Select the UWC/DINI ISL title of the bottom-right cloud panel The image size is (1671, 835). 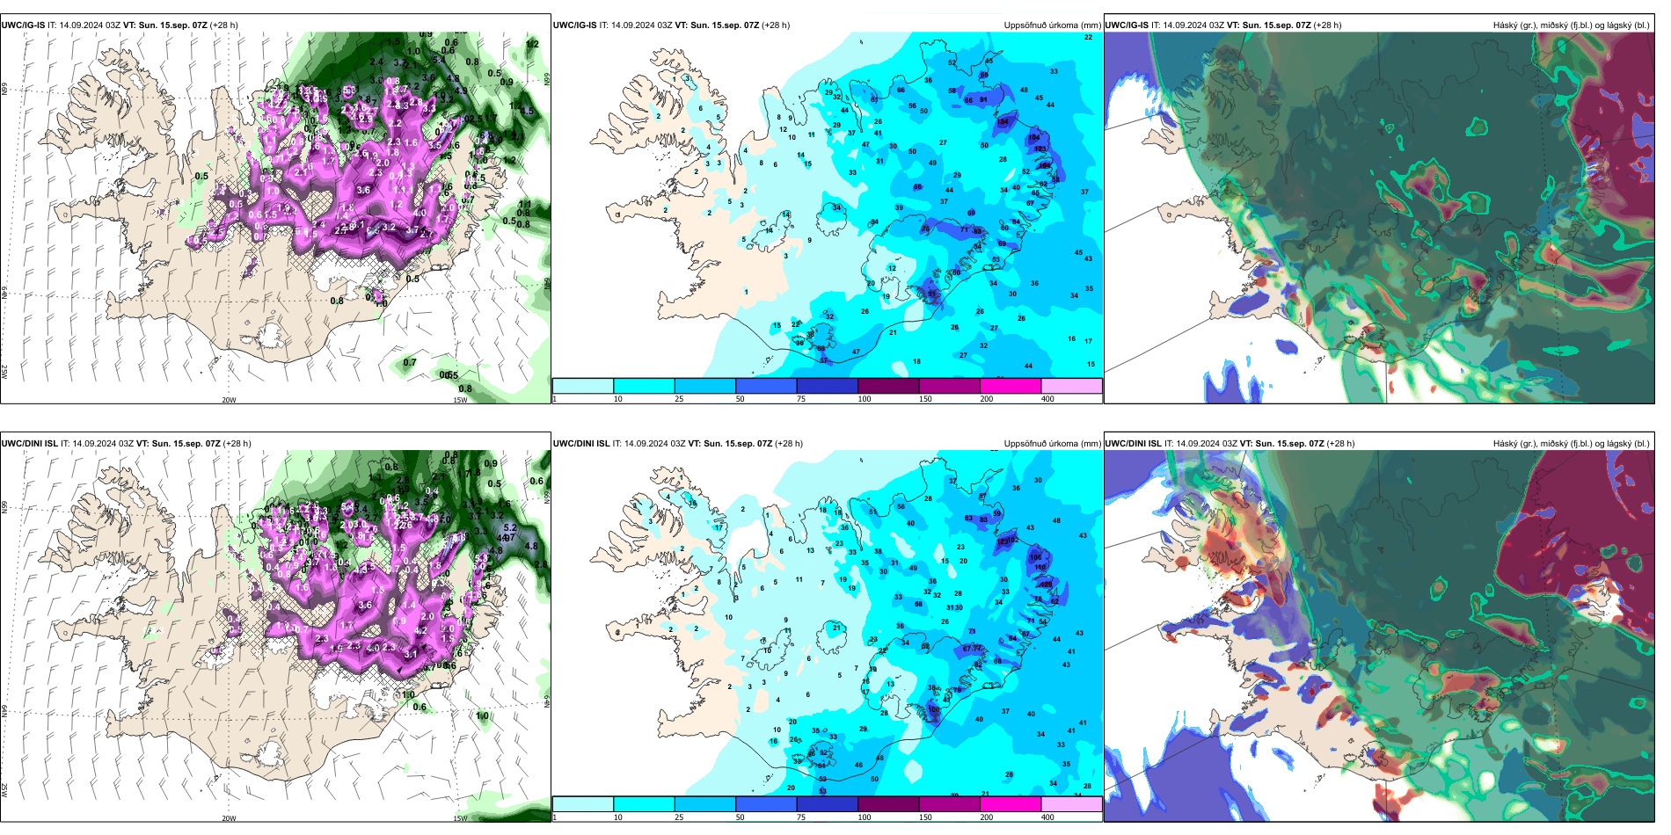1133,444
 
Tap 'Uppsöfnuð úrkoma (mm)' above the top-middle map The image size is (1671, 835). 1052,25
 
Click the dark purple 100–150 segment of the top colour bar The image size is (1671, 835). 887,386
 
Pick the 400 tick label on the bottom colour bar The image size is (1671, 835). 1047,817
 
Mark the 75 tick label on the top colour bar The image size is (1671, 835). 801,399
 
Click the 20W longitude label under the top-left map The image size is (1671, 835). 229,400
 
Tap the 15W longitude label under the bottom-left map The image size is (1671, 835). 460,818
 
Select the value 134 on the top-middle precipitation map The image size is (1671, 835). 1003,122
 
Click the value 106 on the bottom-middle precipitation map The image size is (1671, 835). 1035,557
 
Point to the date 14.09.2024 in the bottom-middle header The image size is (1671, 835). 646,444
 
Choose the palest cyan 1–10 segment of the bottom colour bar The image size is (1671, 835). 582,804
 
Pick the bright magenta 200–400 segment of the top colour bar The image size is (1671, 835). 1010,386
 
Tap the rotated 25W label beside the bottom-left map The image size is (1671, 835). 4,790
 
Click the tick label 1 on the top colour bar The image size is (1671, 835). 555,399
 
